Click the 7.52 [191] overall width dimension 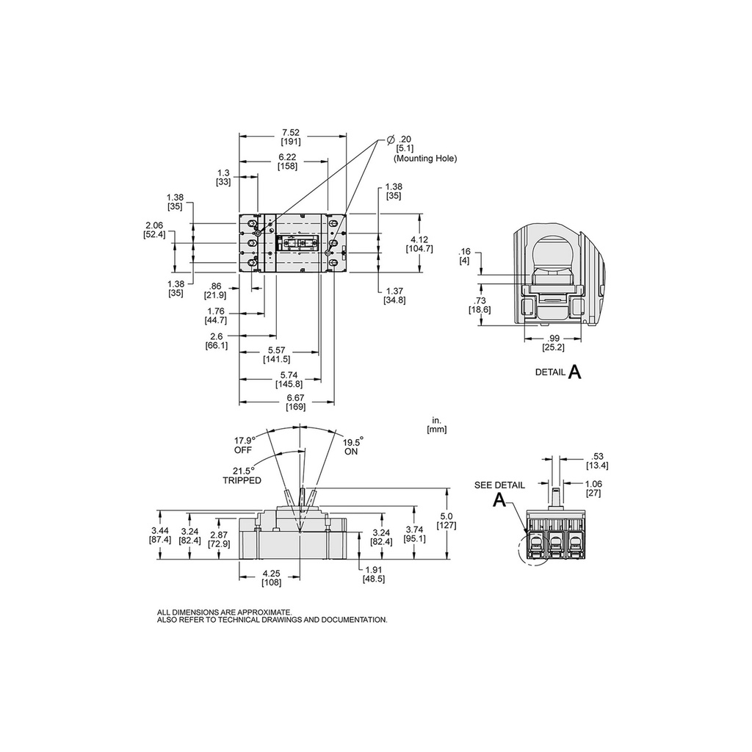295,137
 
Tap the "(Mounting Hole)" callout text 424,158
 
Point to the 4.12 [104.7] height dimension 419,244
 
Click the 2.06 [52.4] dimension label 154,229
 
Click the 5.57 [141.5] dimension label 277,354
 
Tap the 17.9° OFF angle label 244,444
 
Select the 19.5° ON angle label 352,446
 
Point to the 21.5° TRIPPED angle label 242,475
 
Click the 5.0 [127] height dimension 446,521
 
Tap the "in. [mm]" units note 435,425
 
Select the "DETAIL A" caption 557,372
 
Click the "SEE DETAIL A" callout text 499,493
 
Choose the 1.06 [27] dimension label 593,488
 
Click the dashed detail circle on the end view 533,551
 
